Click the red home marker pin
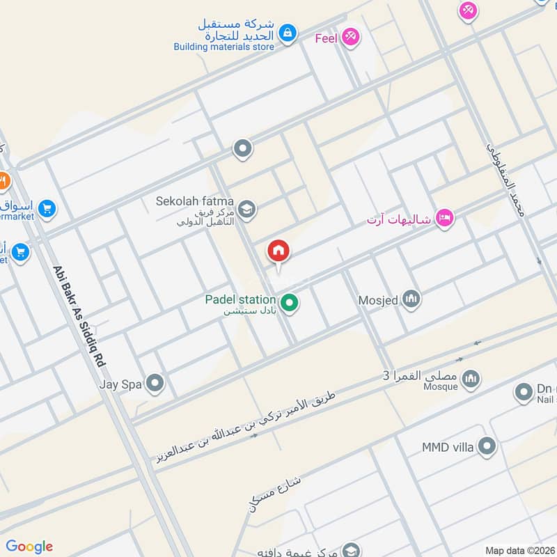click(278, 251)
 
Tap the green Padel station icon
click(290, 304)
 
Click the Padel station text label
click(240, 300)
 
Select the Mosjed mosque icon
click(411, 300)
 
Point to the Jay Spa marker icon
click(155, 382)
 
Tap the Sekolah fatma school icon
click(246, 208)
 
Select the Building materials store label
click(224, 47)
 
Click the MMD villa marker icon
click(487, 446)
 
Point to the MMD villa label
click(448, 446)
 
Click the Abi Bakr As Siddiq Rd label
click(78, 316)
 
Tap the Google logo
click(29, 547)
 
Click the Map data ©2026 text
click(520, 550)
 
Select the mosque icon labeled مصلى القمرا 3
click(471, 377)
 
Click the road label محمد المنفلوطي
click(503, 177)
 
